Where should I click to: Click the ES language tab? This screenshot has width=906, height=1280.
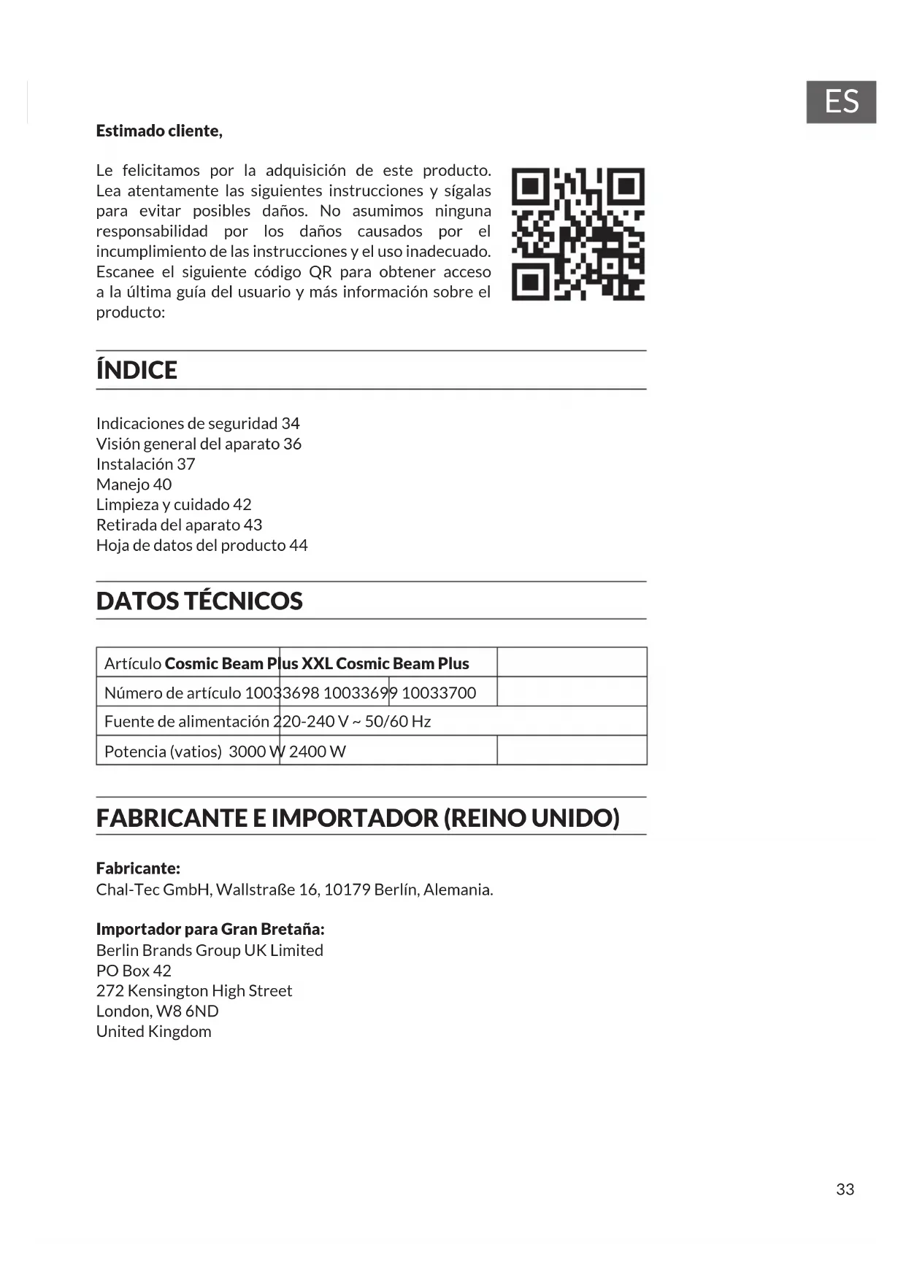coord(840,102)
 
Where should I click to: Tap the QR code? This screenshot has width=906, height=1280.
coord(578,234)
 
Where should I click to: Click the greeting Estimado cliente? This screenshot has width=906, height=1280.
coord(159,131)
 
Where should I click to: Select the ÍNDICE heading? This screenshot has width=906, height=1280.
coord(137,370)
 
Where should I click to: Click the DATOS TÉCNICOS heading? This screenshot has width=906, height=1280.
coord(199,601)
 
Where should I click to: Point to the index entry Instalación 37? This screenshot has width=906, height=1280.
coord(145,464)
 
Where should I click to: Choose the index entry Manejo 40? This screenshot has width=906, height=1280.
coord(134,485)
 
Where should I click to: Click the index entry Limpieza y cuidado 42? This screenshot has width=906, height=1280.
coord(174,505)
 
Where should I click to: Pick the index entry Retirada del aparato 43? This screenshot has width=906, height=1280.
coord(179,525)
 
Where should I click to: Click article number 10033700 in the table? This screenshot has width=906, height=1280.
coord(439,693)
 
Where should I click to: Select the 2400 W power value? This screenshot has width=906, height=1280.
coord(317,752)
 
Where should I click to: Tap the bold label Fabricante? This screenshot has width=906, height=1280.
coord(138,868)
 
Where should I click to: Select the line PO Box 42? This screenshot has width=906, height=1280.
coord(134,971)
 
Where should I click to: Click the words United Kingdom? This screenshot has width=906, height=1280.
coord(153,1032)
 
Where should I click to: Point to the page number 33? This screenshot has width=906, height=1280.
coord(845,1190)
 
